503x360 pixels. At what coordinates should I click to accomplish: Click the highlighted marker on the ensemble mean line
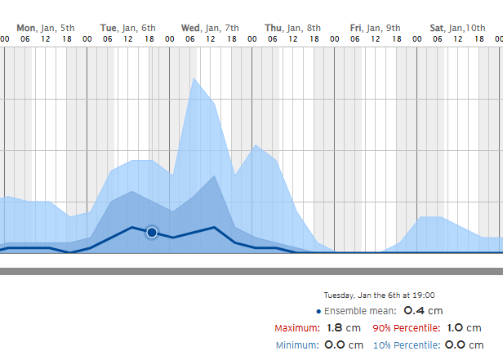point(152,233)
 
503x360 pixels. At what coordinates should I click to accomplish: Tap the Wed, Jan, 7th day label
point(211,28)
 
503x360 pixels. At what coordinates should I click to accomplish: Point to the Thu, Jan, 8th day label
point(293,28)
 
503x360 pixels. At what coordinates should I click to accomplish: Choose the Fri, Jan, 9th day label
point(375,28)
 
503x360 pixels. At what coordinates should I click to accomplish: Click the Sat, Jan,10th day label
point(457,28)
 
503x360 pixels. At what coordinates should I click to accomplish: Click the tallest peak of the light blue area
point(194,79)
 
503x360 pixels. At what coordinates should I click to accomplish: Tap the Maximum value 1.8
point(334,327)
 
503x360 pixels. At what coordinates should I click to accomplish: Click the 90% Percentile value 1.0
point(454,327)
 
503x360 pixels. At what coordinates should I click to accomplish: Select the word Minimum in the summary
point(296,345)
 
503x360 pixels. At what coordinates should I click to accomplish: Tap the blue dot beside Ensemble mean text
point(318,311)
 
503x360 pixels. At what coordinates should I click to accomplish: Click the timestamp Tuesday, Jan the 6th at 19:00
point(379,295)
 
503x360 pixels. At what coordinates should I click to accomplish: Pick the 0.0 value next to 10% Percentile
point(454,344)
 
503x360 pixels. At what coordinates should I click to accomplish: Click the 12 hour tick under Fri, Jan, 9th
point(376,38)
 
